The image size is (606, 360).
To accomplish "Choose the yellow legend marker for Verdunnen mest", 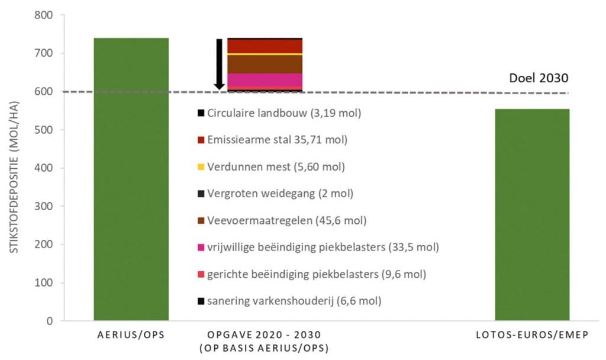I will (201, 167).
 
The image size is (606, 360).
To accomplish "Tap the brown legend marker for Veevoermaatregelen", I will (201, 221).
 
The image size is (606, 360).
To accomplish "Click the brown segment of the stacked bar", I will (265, 64).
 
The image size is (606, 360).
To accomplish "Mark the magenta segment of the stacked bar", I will (265, 80).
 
